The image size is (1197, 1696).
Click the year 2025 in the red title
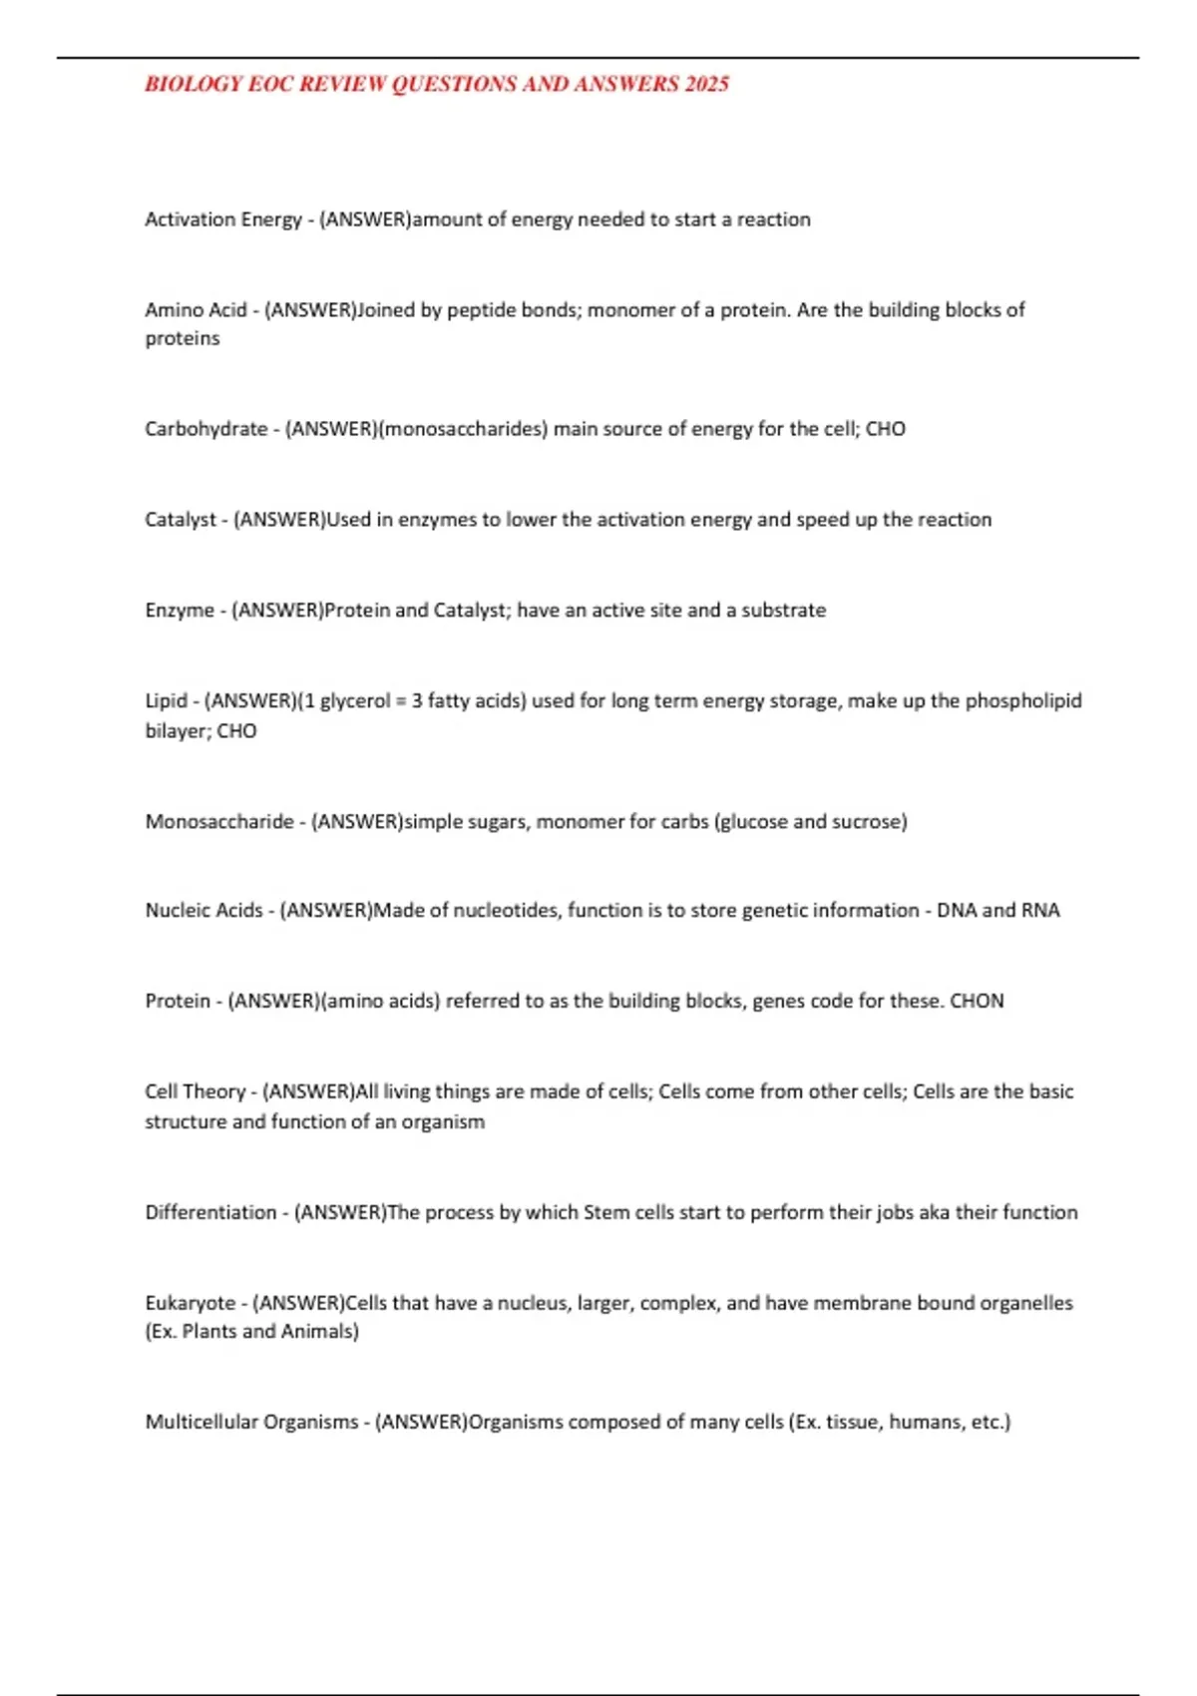[x=706, y=84]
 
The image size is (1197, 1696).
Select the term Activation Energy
[x=223, y=219]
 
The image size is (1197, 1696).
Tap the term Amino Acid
[x=196, y=310]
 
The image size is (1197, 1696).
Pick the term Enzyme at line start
[x=180, y=611]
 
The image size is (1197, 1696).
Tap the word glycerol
[x=354, y=701]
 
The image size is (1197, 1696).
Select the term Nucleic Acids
[x=203, y=911]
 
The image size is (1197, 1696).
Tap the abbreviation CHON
[x=977, y=1002]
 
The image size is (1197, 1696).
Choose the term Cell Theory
[x=195, y=1092]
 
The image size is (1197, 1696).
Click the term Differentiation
[x=210, y=1213]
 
